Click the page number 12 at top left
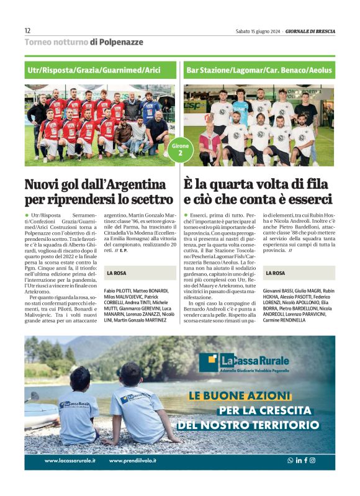27,30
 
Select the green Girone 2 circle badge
180,150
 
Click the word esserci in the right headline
309,200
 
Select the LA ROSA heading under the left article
118,273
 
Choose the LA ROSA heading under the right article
276,273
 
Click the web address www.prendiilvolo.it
132,461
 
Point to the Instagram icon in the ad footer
312,461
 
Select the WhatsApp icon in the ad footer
290,461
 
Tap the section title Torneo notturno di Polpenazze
83,42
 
